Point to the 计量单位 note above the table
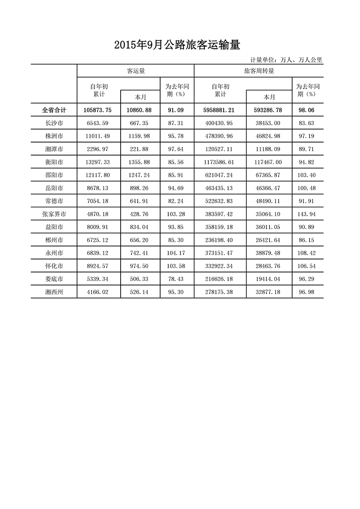click(286, 60)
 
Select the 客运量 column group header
click(135, 71)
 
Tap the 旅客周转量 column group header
click(259, 71)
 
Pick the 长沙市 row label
click(54, 123)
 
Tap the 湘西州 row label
click(54, 292)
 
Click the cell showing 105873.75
click(98, 110)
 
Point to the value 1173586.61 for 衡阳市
click(220, 162)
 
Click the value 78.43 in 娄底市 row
click(176, 279)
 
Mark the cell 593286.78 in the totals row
click(268, 110)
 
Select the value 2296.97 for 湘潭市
click(98, 149)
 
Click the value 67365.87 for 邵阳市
click(268, 175)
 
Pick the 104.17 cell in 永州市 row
click(176, 253)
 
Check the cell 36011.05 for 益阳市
click(268, 227)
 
